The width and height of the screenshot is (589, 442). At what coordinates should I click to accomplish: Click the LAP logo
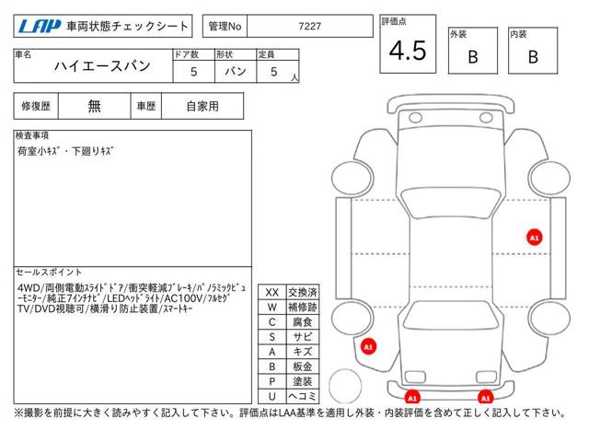(x=40, y=27)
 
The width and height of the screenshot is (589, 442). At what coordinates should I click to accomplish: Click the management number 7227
(x=310, y=27)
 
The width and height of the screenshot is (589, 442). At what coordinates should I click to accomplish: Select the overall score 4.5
(x=408, y=51)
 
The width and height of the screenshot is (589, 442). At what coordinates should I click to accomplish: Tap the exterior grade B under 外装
(x=473, y=57)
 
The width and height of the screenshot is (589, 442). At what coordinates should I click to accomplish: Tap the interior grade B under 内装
(x=533, y=57)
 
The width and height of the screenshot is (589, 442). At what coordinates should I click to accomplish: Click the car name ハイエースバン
(x=102, y=66)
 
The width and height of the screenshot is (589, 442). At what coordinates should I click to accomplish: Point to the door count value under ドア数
(x=194, y=72)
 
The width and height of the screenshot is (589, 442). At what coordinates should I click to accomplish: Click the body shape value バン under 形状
(x=236, y=72)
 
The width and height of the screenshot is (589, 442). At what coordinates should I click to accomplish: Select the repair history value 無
(x=94, y=107)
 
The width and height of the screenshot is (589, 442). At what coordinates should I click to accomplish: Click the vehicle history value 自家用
(x=202, y=107)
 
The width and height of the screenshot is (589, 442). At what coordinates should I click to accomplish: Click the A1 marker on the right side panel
(x=534, y=238)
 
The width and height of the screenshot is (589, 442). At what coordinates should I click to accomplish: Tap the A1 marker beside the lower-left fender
(x=368, y=346)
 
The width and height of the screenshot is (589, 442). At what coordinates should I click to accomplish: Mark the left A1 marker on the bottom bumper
(x=412, y=397)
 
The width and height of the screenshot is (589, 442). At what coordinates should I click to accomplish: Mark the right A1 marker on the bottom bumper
(x=485, y=397)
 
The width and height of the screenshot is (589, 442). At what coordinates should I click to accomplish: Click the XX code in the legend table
(x=272, y=293)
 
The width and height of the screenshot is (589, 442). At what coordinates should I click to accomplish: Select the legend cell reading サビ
(x=303, y=337)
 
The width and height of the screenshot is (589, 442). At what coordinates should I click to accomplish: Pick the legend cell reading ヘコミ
(x=303, y=396)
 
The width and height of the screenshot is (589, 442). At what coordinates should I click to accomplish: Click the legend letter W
(x=272, y=307)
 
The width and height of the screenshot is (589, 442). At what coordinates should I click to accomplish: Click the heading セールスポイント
(x=49, y=272)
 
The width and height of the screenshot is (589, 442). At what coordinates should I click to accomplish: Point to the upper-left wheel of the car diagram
(x=352, y=178)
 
